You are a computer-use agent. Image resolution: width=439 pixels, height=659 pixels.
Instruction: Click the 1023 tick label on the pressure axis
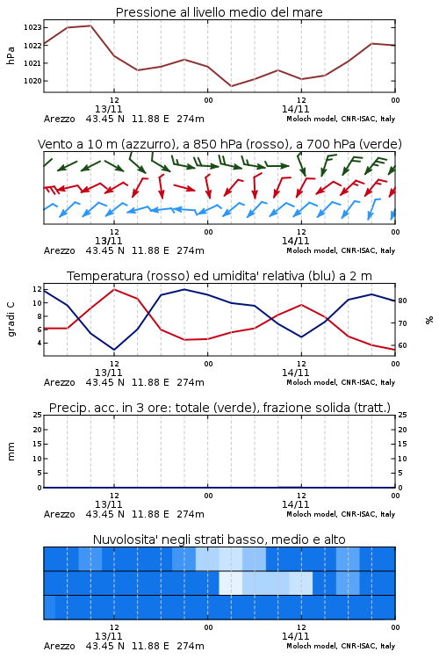(x=32, y=28)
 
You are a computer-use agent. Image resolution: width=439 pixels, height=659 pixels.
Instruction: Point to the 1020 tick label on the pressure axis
(x=32, y=81)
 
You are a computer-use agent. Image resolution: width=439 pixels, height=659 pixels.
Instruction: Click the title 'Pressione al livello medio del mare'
(x=219, y=12)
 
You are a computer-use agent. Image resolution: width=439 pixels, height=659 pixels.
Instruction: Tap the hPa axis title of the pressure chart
(x=11, y=55)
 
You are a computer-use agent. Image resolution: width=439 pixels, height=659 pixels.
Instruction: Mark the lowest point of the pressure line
(x=231, y=86)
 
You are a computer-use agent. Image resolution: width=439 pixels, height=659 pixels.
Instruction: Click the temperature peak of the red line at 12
(x=114, y=289)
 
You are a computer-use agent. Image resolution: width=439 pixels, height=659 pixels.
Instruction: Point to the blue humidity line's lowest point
(x=114, y=350)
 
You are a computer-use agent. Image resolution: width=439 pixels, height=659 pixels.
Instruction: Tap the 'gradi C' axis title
(x=11, y=319)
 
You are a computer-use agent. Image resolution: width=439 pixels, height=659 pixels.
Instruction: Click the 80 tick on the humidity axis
(x=402, y=301)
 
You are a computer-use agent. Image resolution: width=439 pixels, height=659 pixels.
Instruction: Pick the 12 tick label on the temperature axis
(x=37, y=289)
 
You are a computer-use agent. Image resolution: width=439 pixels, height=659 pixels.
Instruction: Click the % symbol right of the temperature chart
(x=429, y=320)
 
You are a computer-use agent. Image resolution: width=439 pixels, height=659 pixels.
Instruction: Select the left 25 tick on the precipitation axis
(x=38, y=415)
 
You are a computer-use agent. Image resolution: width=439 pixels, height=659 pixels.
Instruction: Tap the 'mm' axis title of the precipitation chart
(x=11, y=451)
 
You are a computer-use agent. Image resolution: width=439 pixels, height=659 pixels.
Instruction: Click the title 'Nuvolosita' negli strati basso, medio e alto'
(x=219, y=540)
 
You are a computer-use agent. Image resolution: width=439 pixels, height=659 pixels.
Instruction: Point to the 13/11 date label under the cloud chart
(x=108, y=636)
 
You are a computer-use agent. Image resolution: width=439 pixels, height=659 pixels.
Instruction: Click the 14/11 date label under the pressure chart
(x=295, y=109)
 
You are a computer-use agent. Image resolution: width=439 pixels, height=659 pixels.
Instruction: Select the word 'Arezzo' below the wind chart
(x=59, y=251)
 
